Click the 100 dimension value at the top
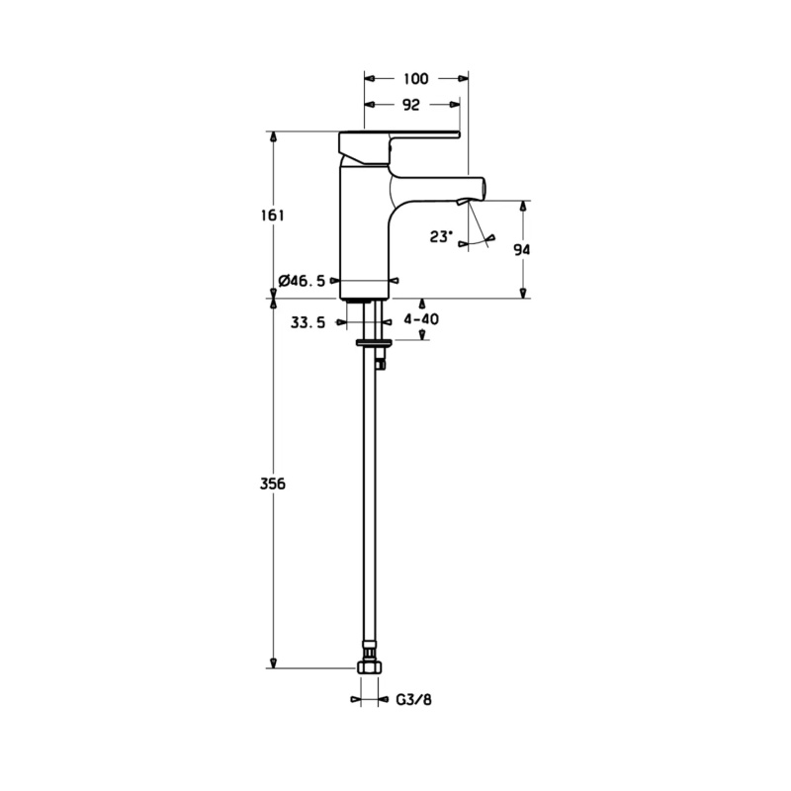416,79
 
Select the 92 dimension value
411,105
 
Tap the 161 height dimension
273,216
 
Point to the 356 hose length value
273,483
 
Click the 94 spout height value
522,249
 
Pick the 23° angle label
441,236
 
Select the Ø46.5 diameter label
302,281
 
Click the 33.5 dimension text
308,322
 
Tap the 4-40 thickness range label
421,318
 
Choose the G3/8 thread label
413,700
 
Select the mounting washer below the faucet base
374,343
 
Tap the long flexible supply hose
369,499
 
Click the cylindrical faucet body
364,232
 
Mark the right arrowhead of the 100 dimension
463,79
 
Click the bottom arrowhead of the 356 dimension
274,662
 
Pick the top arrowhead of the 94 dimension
524,207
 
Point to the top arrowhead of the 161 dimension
274,137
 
